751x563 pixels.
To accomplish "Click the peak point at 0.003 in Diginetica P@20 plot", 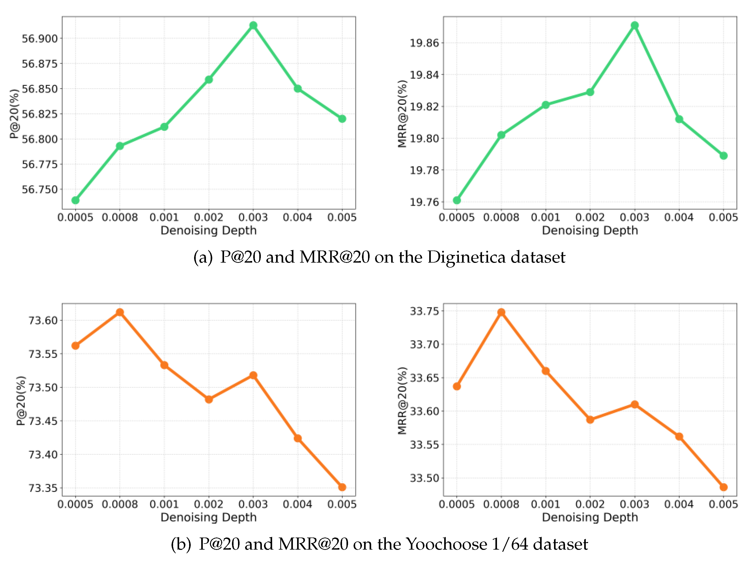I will pos(253,25).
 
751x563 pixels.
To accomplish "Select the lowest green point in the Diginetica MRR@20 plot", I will pos(457,200).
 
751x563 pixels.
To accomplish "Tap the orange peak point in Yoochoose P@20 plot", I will pos(120,312).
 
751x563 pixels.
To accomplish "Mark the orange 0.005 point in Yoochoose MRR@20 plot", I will pos(723,487).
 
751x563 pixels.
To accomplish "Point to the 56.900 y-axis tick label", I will pos(40,39).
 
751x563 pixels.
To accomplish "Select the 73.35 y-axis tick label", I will pos(43,488).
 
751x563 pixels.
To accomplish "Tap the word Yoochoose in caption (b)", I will pos(447,544).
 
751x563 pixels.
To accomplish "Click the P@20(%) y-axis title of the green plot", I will pos(14,114).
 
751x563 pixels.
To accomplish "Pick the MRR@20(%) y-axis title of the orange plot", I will pos(402,400).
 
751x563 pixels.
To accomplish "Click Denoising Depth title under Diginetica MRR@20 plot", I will pos(590,231).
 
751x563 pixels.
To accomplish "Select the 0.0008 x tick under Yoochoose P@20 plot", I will pos(120,504).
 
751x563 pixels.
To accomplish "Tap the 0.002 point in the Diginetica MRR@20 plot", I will pos(590,92).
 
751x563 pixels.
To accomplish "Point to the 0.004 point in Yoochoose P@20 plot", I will pos(298,438).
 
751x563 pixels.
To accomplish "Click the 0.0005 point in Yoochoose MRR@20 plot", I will pos(457,386).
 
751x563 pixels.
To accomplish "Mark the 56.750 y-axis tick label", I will pos(40,189).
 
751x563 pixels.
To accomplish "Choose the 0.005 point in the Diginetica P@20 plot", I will pos(342,119).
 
